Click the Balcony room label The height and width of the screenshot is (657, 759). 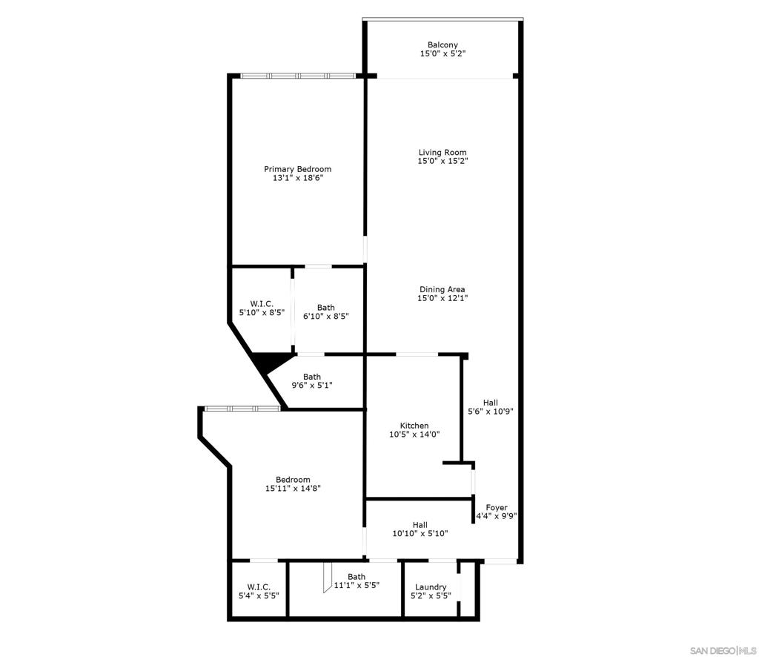click(443, 45)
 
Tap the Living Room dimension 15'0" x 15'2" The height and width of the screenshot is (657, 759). click(443, 161)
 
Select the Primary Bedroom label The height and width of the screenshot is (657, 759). click(298, 170)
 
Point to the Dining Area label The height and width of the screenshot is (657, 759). click(443, 289)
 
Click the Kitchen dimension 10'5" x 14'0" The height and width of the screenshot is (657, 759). click(414, 435)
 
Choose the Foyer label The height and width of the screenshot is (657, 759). click(497, 508)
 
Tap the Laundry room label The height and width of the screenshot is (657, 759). click(431, 587)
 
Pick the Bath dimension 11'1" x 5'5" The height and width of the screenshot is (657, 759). click(357, 585)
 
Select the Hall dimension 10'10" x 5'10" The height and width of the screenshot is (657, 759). click(420, 534)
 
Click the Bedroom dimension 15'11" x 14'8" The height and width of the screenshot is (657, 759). click(293, 489)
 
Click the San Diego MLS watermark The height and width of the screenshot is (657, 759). click(723, 650)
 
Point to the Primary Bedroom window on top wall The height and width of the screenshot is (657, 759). click(298, 76)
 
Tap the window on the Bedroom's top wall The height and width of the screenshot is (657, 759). click(242, 409)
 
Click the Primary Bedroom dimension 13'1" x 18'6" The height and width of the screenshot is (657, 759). click(298, 178)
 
